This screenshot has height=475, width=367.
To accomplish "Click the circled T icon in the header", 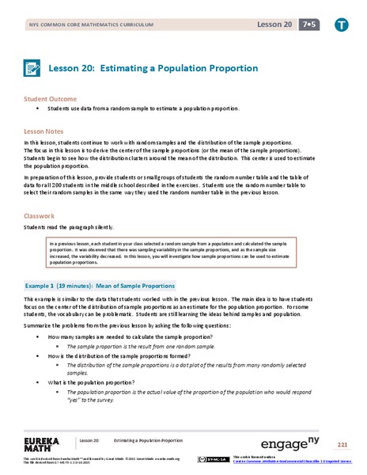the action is [x=341, y=25].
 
